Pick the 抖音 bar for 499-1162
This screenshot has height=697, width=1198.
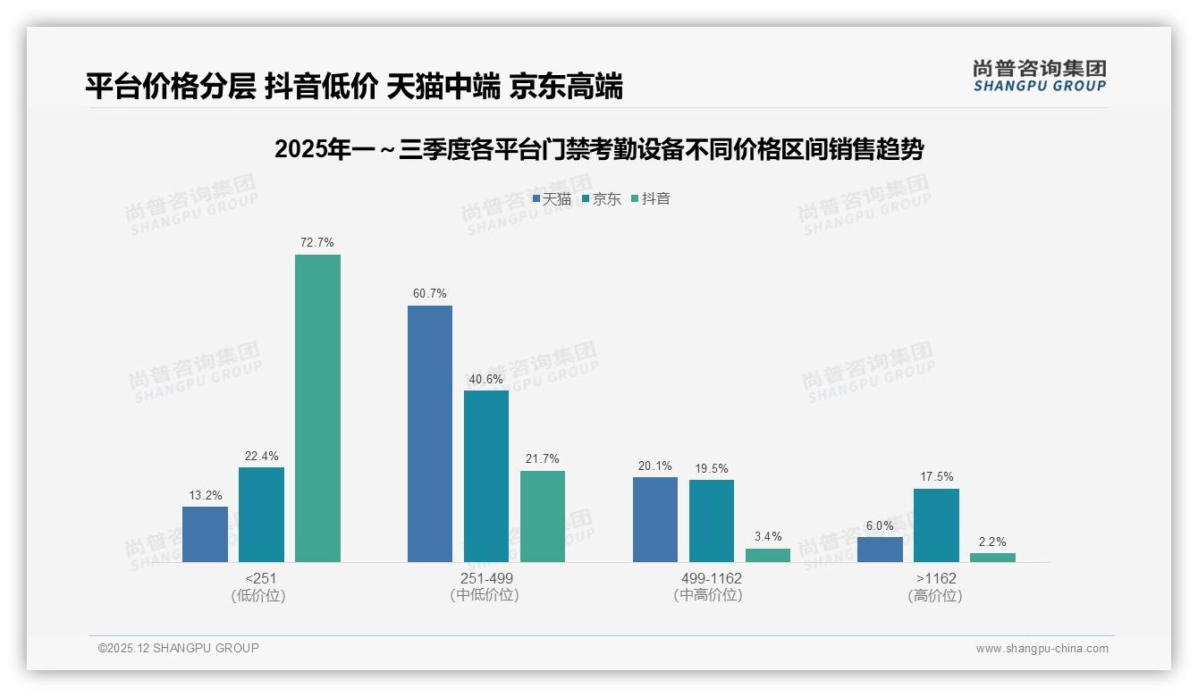768,555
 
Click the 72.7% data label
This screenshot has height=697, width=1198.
317,242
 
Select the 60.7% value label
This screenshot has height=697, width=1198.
430,293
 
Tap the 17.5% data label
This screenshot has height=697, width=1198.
936,476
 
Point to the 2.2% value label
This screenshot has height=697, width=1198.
992,542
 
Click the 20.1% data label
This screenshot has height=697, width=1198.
655,466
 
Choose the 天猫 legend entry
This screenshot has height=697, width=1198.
552,199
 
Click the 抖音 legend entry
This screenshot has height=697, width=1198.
651,199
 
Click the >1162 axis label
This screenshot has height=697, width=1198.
935,578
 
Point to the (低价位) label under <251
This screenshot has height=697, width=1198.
258,596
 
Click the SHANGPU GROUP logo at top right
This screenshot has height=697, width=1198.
1039,76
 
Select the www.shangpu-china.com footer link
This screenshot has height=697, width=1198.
1042,649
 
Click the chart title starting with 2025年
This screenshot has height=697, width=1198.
598,149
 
